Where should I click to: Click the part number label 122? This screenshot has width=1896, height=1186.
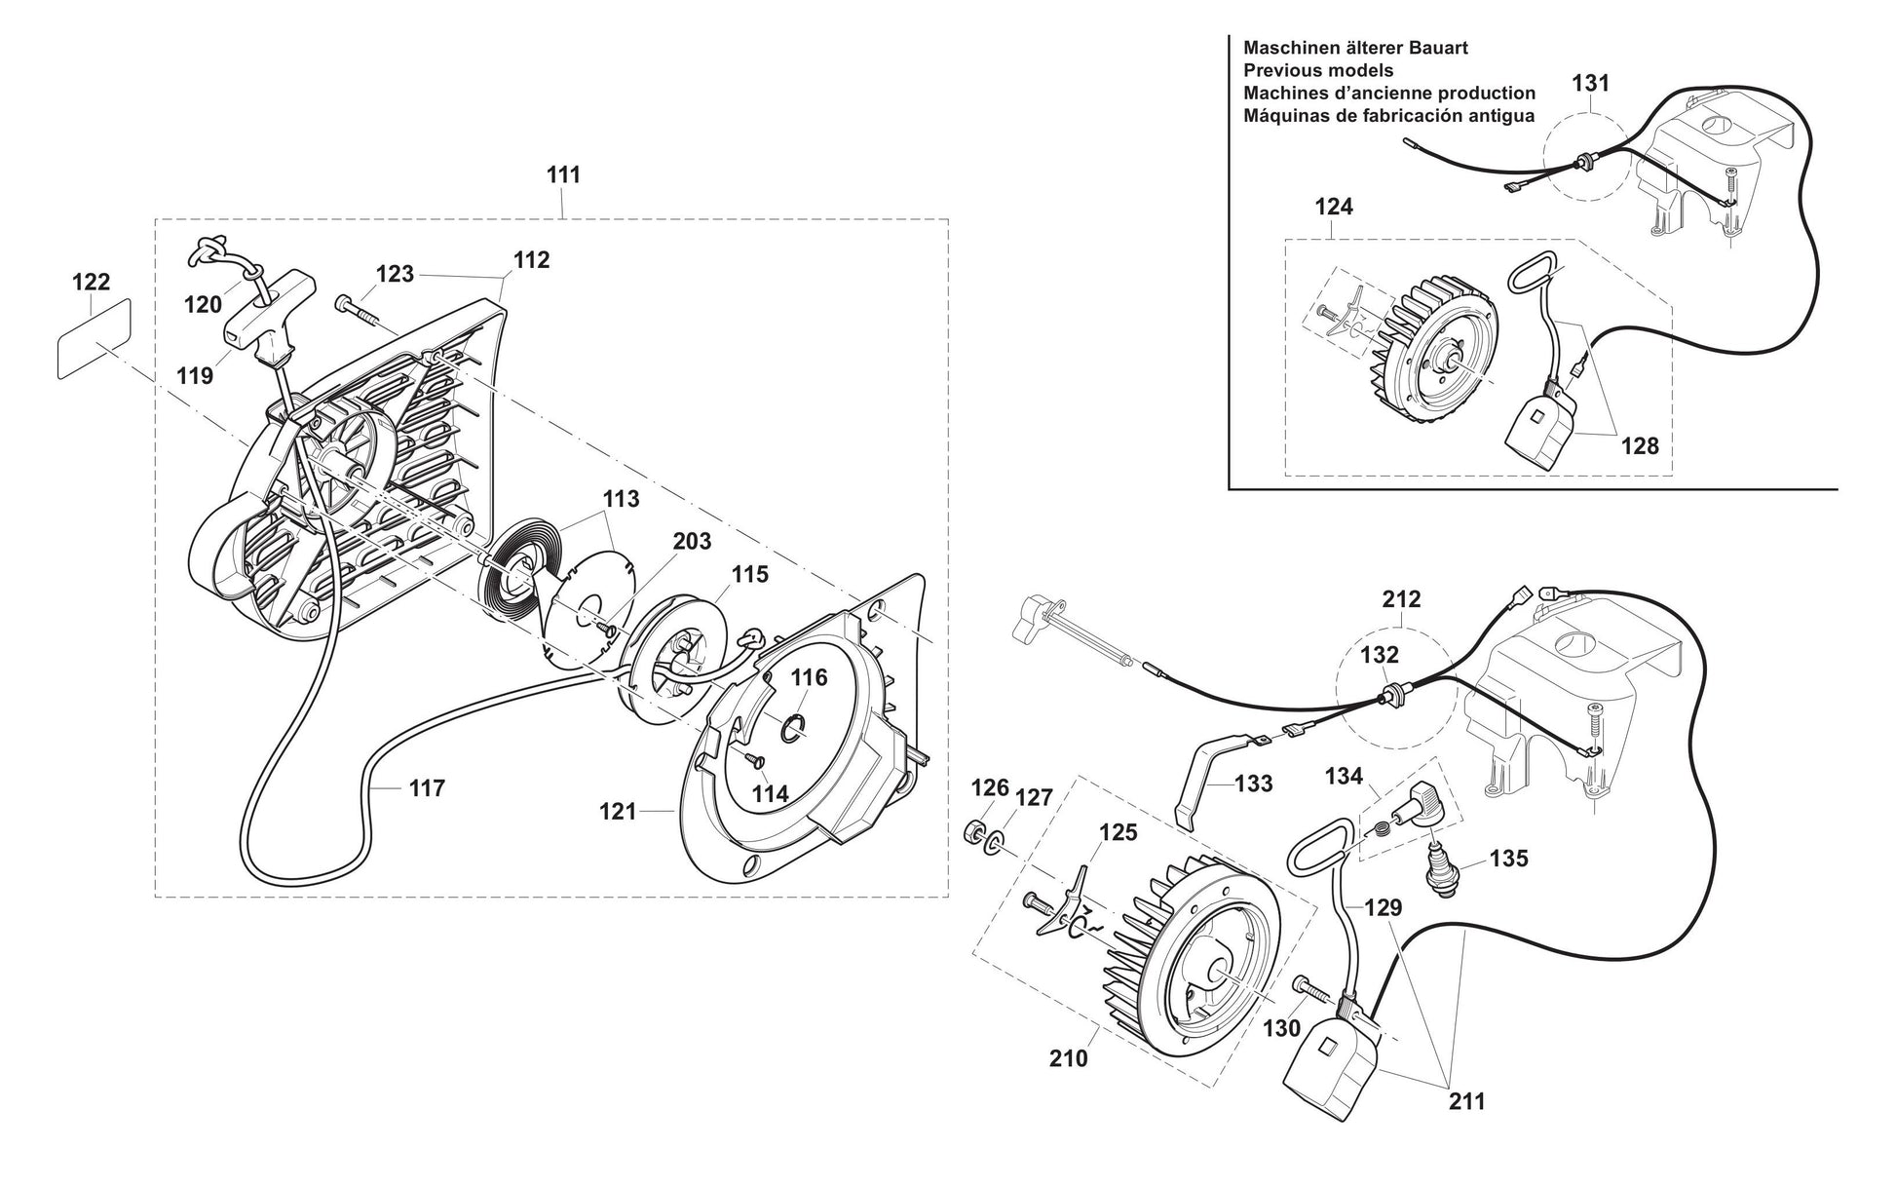[92, 282]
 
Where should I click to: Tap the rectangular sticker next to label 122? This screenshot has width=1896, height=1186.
[93, 337]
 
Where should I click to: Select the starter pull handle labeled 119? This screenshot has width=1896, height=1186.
[259, 316]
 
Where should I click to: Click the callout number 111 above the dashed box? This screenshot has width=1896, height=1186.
[563, 174]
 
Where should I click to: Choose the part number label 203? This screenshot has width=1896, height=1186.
[692, 541]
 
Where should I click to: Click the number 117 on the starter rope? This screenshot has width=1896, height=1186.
[427, 787]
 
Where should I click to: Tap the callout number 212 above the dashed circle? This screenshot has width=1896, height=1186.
[1401, 598]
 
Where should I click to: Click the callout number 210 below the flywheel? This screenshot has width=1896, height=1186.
[1069, 1057]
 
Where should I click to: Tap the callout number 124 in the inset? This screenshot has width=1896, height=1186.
[1334, 207]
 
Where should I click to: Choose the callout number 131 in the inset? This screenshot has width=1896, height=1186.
[1590, 83]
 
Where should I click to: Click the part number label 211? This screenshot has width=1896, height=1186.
[1467, 1101]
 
